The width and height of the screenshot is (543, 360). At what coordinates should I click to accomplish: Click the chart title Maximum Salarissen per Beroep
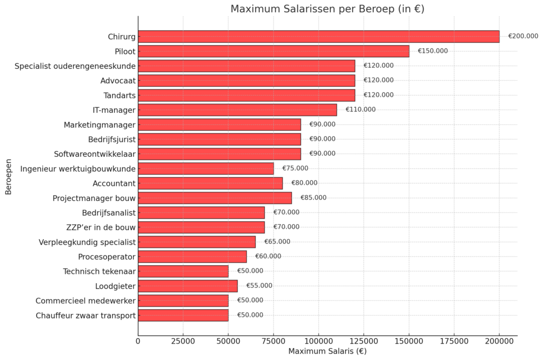click(327, 9)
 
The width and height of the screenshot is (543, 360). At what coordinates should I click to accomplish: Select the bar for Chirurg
click(318, 36)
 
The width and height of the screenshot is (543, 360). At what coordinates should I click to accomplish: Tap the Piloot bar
click(273, 51)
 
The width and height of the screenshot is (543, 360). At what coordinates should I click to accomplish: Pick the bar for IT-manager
click(237, 110)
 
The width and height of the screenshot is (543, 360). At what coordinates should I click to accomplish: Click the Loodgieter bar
click(188, 286)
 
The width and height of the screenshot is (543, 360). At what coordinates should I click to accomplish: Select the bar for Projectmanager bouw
click(215, 198)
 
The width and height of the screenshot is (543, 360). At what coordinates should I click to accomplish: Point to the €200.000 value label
click(523, 36)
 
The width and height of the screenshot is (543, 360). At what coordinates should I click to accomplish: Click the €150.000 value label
click(433, 51)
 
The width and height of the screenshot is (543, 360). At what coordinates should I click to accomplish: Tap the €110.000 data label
click(361, 110)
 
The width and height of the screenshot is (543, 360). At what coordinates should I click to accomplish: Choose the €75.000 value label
click(295, 169)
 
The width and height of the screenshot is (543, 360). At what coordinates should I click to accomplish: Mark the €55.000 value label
click(259, 286)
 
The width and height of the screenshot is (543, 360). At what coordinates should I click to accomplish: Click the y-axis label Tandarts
click(119, 95)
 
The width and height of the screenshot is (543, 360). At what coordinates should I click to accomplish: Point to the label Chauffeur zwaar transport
click(86, 315)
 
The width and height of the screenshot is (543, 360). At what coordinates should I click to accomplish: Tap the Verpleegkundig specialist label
click(87, 242)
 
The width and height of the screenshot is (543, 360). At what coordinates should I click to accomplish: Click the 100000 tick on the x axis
click(319, 341)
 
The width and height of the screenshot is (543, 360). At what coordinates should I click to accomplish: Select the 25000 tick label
click(183, 341)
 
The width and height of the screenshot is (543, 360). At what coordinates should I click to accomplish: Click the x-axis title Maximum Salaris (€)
click(327, 352)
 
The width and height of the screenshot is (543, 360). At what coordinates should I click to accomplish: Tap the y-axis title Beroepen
click(8, 175)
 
